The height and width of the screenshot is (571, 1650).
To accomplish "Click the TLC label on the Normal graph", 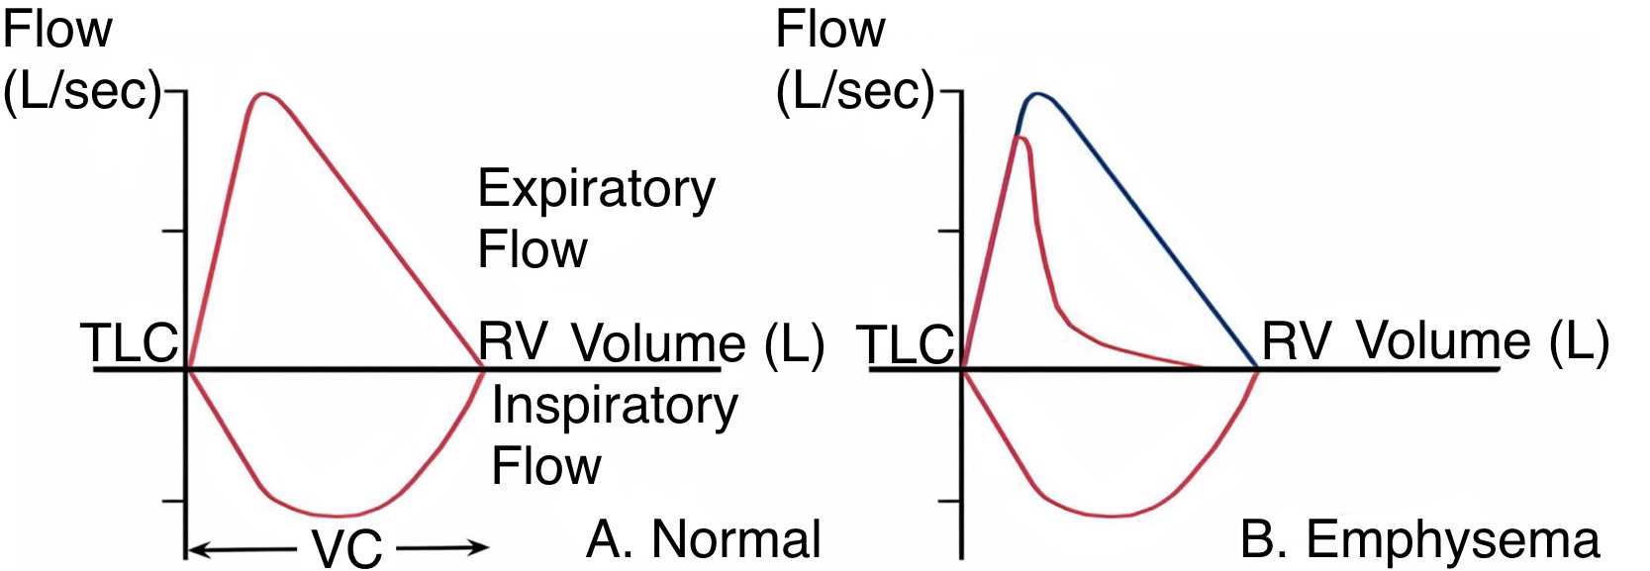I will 130,343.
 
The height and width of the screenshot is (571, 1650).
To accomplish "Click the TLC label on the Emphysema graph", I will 908,345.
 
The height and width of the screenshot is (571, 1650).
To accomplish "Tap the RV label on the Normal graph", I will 513,341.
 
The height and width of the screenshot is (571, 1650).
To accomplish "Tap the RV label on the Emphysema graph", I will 1297,341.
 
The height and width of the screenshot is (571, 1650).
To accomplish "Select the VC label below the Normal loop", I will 347,548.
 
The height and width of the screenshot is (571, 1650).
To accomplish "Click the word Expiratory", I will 596,190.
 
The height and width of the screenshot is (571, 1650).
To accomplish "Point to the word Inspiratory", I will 615,407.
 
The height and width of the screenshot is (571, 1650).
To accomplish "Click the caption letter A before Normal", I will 604,540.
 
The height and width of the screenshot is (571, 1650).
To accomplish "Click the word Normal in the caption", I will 736,540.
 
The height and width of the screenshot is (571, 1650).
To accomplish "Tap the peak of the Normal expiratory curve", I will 263,94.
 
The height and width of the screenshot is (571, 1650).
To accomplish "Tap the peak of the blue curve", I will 1037,94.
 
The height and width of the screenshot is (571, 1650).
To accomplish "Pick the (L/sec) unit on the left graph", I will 82,91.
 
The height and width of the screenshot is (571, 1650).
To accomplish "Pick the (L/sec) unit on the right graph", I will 856,91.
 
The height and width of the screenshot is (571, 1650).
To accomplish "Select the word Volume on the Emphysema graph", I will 1442,341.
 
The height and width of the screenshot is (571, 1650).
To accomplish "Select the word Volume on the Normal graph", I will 658,343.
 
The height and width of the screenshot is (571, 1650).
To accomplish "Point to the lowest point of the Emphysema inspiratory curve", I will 1113,516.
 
